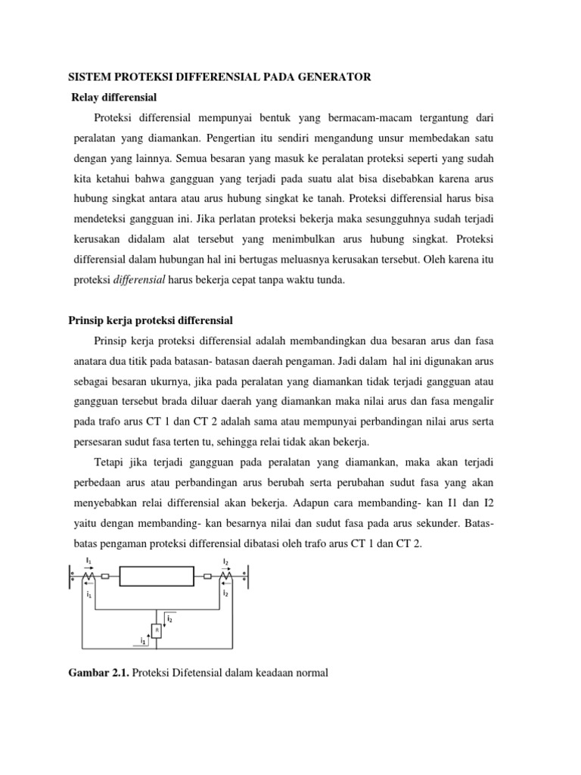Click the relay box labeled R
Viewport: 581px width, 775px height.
click(x=156, y=629)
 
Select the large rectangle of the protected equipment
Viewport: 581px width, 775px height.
click(x=156, y=576)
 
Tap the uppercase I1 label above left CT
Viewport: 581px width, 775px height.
click(x=89, y=560)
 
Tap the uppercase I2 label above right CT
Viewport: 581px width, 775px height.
click(x=225, y=561)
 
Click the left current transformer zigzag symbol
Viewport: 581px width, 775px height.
click(x=89, y=577)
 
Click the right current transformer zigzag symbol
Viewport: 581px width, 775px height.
click(x=225, y=577)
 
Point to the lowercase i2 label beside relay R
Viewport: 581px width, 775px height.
click(x=169, y=618)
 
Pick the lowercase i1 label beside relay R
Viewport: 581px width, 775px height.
click(x=143, y=640)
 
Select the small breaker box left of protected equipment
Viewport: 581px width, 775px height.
click(x=105, y=576)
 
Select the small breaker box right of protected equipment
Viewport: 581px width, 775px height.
click(x=207, y=576)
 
